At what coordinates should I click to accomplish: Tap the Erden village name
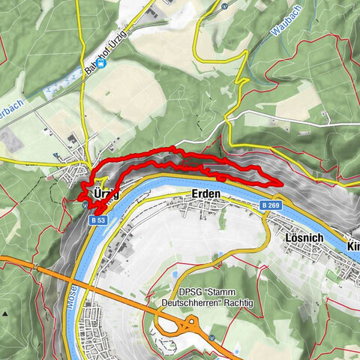[205, 193]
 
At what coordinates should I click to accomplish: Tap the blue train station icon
[102, 63]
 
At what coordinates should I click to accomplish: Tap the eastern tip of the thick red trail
[281, 182]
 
